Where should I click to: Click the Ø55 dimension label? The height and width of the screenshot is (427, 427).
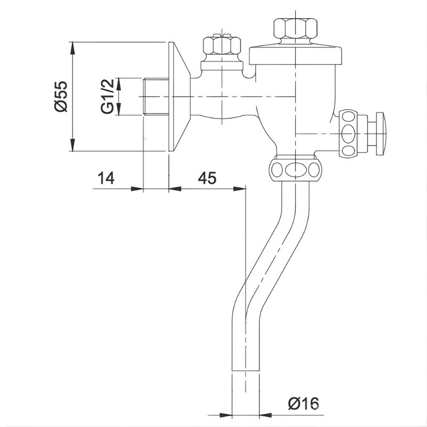tap(60, 96)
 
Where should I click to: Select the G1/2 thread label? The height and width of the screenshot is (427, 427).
tap(106, 97)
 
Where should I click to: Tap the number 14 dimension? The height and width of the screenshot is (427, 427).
tap(106, 178)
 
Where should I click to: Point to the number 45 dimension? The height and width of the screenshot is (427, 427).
tap(207, 178)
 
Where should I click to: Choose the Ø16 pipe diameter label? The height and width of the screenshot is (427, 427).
tap(303, 404)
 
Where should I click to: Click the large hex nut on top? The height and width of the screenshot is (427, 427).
tap(296, 28)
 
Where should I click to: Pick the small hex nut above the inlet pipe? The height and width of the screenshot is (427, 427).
tap(222, 45)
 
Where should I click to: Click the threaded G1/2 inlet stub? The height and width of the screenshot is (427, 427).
tap(156, 97)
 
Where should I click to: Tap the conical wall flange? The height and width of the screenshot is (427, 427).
tap(179, 97)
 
